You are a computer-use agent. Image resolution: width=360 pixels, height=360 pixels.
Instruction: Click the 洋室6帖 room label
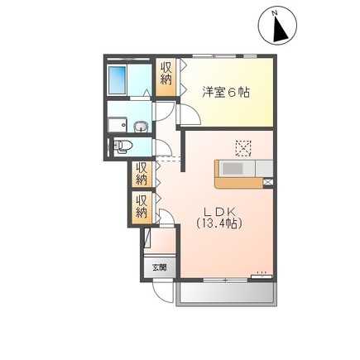pos(226,92)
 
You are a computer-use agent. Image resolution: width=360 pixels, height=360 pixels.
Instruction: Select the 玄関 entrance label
pos(159,267)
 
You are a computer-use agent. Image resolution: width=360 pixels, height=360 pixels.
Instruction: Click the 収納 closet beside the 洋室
pos(166,73)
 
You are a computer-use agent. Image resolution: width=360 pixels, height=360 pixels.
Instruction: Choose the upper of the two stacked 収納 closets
pos(142,174)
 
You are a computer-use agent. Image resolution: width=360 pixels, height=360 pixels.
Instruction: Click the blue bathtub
pos(118,80)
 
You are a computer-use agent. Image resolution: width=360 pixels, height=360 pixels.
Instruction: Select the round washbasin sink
pos(141,127)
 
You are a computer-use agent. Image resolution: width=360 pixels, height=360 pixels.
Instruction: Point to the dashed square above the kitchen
pos(242,147)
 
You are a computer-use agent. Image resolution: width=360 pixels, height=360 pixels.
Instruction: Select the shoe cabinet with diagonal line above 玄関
pos(147,240)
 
